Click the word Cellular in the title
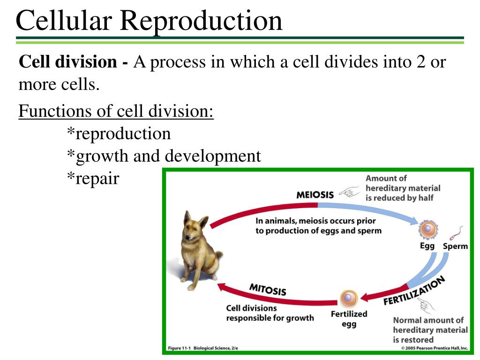[x=64, y=21]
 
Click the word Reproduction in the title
[x=201, y=21]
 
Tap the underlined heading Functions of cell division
[x=116, y=111]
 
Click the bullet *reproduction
[x=119, y=134]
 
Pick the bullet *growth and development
[x=163, y=156]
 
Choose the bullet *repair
[x=93, y=178]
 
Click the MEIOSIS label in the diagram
[x=315, y=195]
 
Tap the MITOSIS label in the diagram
[x=268, y=290]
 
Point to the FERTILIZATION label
[x=414, y=291]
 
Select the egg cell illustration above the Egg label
[x=428, y=230]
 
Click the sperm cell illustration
[x=456, y=232]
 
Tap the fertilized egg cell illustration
[x=348, y=299]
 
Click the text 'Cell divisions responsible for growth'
[x=270, y=313]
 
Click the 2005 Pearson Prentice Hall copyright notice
[x=434, y=348]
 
